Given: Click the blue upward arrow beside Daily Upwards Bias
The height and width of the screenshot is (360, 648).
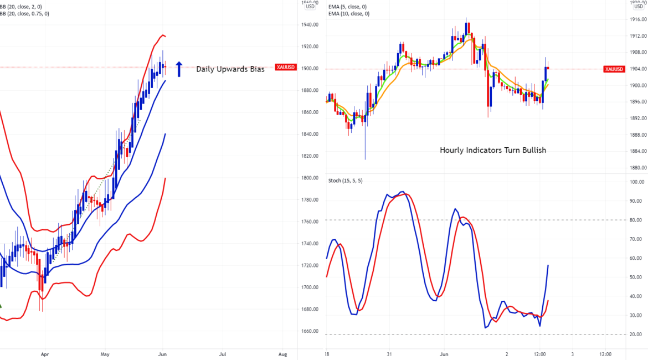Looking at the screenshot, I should (179, 69).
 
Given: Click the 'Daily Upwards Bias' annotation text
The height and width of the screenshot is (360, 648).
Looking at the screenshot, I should (230, 69).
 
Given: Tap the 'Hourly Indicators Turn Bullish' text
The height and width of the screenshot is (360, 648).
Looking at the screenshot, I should (493, 150).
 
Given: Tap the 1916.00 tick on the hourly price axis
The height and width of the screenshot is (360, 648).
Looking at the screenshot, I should (638, 20).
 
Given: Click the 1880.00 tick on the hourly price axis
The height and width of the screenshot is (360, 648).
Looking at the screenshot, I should (638, 168).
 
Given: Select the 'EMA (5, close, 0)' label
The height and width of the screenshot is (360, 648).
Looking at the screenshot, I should (349, 7).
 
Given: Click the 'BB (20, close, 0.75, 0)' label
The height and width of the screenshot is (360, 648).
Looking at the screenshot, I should (24, 14).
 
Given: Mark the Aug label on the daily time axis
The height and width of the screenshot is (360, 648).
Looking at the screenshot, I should (282, 353).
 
